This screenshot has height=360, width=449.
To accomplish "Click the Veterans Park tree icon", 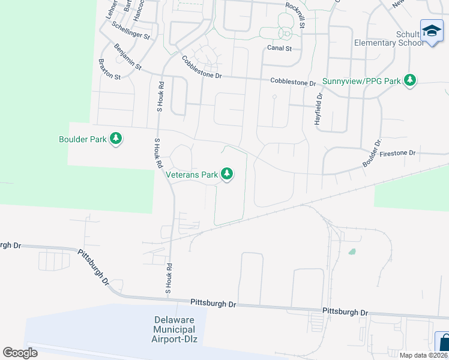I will pyautogui.click(x=226, y=175).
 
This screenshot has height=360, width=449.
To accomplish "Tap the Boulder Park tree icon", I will pyautogui.click(x=116, y=140).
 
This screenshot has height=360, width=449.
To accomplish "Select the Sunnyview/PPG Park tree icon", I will pyautogui.click(x=410, y=80).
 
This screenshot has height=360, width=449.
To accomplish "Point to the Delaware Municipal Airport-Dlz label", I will pyautogui.click(x=174, y=329).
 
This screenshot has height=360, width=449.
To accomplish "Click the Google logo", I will pyautogui.click(x=20, y=353).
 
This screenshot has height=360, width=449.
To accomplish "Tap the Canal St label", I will pyautogui.click(x=279, y=49).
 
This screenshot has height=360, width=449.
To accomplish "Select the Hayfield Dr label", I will pyautogui.click(x=319, y=109).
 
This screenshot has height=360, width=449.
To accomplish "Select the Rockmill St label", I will pyautogui.click(x=296, y=14).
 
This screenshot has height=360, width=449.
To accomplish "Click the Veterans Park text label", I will pyautogui.click(x=191, y=175).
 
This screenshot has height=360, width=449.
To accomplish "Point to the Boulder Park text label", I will pyautogui.click(x=82, y=140).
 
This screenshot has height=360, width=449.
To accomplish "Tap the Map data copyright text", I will pyautogui.click(x=424, y=355).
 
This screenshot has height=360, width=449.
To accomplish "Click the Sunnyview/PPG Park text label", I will pyautogui.click(x=361, y=80).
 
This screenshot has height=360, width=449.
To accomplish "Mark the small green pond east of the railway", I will pyautogui.click(x=352, y=252).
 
